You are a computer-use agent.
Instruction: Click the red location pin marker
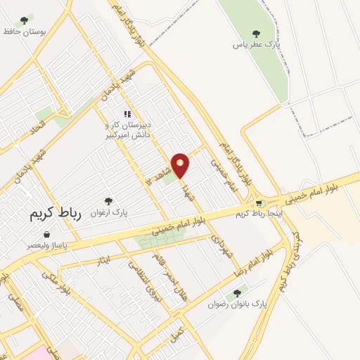click(181, 165)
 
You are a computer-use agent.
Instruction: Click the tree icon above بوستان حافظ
click(25, 20)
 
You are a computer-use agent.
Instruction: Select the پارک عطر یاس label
click(258, 44)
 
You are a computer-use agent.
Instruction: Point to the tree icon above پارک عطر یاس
click(255, 32)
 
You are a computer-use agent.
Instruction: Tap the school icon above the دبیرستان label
click(127, 114)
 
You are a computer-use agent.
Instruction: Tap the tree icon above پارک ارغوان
click(108, 201)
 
